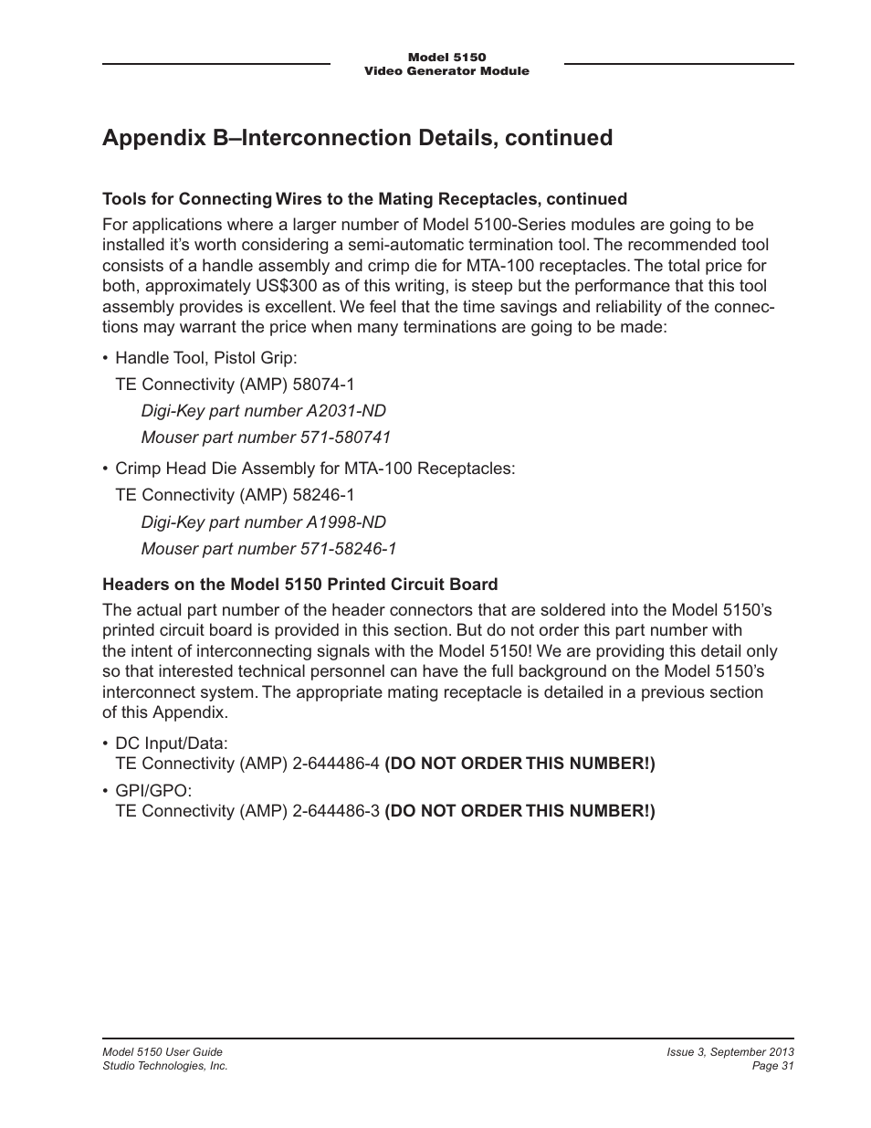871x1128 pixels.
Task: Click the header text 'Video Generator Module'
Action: click(446, 71)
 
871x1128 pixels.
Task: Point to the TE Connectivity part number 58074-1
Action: click(323, 385)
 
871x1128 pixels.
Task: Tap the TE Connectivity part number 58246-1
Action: click(323, 495)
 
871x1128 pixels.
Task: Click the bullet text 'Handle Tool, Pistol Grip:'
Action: click(205, 358)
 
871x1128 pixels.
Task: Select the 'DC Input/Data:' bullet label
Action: click(171, 743)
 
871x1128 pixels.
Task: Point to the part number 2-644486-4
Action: click(336, 764)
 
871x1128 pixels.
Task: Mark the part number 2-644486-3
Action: click(336, 811)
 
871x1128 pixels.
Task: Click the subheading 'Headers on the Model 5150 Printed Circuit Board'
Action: click(299, 585)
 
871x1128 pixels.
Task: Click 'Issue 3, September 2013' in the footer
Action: click(729, 1052)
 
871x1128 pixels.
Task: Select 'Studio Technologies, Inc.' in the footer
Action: click(164, 1066)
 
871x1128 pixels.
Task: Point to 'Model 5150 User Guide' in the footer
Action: click(162, 1052)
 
